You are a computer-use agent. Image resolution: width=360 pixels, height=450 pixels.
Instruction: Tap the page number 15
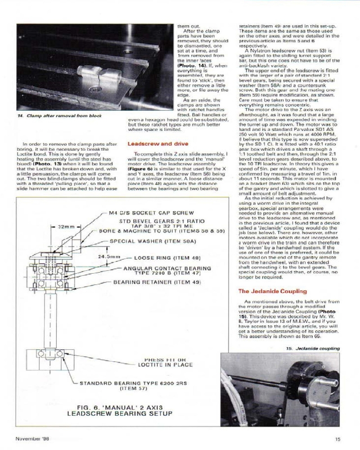337,440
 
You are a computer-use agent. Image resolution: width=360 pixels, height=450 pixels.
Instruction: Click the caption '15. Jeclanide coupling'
312,348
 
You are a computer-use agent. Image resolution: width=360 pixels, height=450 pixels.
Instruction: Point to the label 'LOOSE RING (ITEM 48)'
166,258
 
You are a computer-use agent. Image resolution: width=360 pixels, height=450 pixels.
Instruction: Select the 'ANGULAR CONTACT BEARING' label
167,268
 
